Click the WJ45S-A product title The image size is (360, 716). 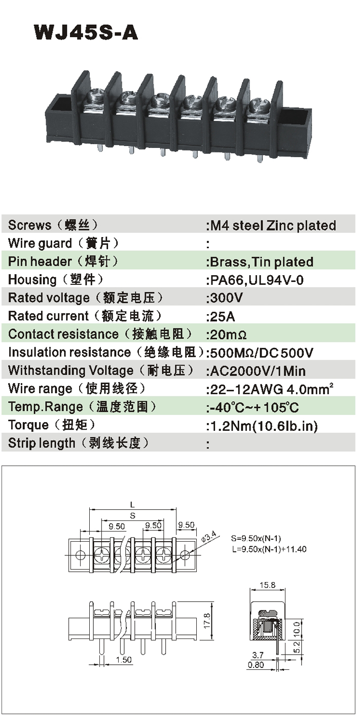coord(86,32)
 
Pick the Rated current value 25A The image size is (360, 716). coord(223,316)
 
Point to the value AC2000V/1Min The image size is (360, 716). coord(258,371)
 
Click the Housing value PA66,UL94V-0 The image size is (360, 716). coord(257,280)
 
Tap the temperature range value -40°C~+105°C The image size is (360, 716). coord(255,407)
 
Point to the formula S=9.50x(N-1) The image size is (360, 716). coord(256,539)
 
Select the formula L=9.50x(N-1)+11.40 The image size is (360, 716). coord(269,549)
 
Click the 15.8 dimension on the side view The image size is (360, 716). coord(267,585)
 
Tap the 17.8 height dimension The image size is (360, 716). coord(207,620)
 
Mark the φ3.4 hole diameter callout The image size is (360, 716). coord(209,536)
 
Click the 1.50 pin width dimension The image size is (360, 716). coord(124,659)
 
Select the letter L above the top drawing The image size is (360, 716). coord(132,505)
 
